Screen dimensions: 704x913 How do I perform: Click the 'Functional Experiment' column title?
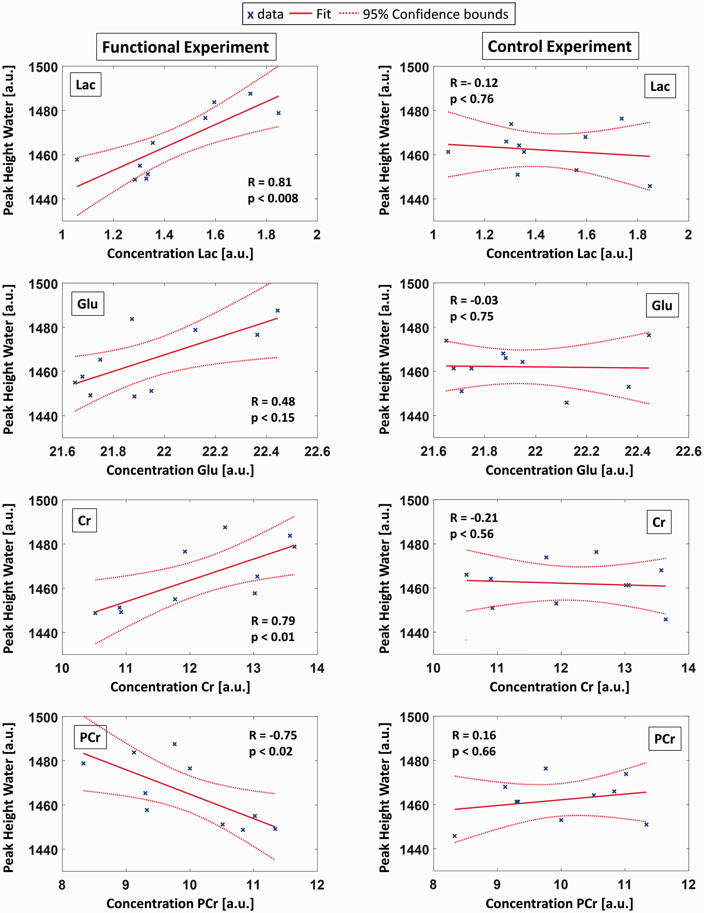[186, 47]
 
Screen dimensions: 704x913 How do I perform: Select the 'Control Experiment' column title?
[560, 46]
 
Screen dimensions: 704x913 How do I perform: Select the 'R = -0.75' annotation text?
[273, 735]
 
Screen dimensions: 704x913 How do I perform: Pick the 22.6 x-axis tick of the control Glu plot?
[688, 451]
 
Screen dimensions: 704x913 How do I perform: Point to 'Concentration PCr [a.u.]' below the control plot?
[559, 903]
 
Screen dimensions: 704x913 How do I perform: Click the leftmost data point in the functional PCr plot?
[84, 763]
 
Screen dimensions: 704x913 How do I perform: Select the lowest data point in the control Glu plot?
[566, 403]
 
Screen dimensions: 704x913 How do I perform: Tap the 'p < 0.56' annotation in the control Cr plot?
[472, 534]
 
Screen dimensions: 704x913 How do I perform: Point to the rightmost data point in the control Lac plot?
[650, 186]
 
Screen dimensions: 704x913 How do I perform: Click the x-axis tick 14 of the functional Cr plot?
[317, 668]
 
